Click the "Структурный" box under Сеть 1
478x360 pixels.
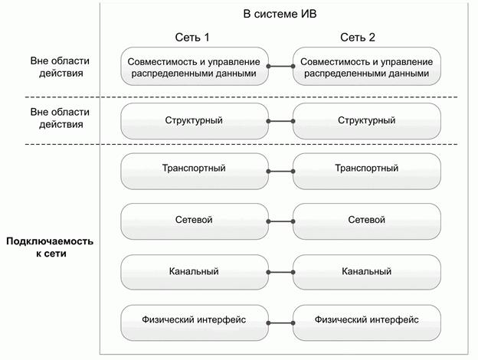(194, 120)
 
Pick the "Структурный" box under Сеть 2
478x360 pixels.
(367, 120)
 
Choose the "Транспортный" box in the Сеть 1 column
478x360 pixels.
(194, 169)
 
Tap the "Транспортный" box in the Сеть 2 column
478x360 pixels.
(367, 169)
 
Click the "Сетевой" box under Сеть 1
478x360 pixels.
(194, 221)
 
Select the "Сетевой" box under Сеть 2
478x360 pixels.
(367, 221)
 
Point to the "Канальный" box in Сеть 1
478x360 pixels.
(194, 271)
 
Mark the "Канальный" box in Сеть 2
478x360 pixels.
(367, 271)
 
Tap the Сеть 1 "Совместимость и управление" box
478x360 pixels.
(194, 67)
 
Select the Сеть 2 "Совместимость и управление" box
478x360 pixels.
(367, 67)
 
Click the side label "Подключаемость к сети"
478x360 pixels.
(49, 247)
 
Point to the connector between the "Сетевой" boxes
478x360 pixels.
(280, 221)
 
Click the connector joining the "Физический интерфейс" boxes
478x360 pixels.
(280, 320)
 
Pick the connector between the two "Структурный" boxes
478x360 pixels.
(280, 121)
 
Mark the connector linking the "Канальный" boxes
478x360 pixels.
(280, 271)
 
